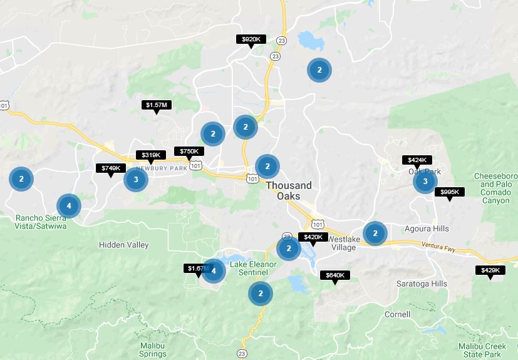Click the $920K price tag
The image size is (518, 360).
tap(251, 39)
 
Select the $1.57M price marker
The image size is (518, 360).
tap(155, 105)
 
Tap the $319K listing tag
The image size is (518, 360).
tap(150, 155)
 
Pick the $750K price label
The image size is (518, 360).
tap(189, 152)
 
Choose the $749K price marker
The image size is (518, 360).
tap(111, 168)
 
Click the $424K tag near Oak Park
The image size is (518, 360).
tap(417, 160)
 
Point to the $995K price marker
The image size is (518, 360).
tap(449, 192)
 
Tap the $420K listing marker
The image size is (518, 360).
tap(313, 237)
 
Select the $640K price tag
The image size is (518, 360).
tap(335, 275)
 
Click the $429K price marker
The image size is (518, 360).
tap(490, 270)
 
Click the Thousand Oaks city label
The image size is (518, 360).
tap(288, 191)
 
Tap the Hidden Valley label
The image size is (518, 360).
tap(123, 245)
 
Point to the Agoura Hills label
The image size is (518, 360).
tap(427, 229)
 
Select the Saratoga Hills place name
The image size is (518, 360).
tap(422, 284)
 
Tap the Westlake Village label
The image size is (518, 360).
tap(342, 244)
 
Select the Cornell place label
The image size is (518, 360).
tap(397, 314)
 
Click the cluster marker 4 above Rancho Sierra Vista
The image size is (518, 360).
tap(69, 205)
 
